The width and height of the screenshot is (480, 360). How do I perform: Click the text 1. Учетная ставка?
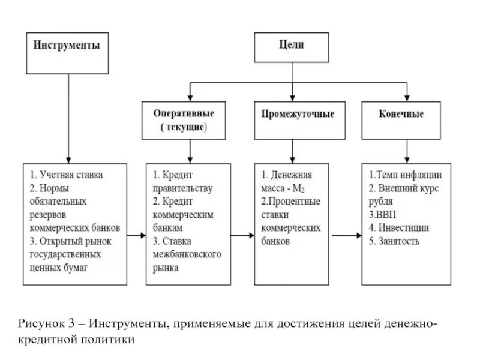67,175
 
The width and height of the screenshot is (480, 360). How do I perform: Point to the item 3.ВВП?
382,214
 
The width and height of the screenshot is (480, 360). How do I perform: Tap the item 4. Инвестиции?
398,228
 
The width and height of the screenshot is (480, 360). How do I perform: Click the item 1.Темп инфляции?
405,175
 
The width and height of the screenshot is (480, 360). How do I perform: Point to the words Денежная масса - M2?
287,181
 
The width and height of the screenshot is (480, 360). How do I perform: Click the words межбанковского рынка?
187,261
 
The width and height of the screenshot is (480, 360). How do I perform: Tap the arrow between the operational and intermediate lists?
242,235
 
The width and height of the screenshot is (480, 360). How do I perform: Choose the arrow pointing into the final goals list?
347,235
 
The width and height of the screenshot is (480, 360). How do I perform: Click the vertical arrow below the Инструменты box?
68,114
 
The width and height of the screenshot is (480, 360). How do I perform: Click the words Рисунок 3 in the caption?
44,324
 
